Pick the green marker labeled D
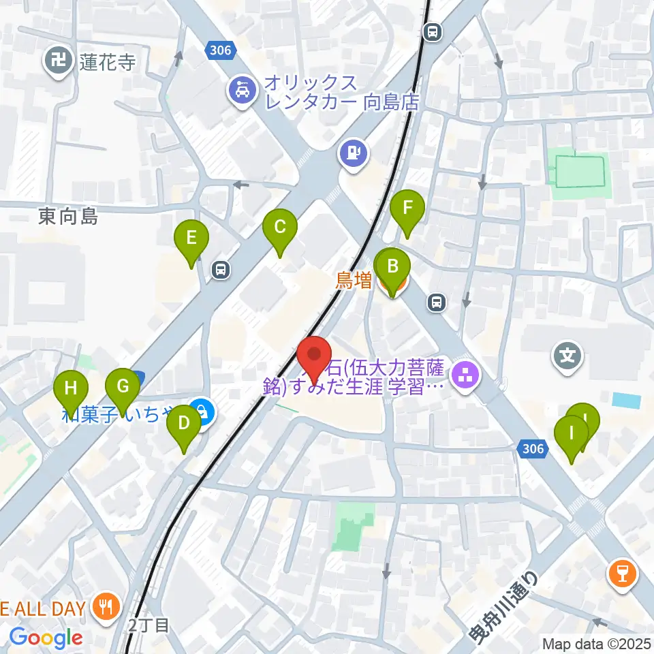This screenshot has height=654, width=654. point(184,424)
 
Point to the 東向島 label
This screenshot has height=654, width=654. point(68,217)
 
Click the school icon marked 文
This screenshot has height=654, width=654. point(567,356)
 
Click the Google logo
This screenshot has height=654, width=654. point(46,638)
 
